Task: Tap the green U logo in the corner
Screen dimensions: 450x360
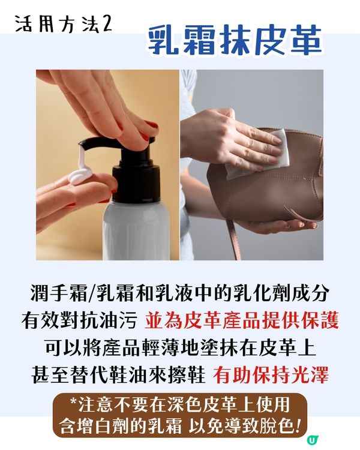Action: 311,440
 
